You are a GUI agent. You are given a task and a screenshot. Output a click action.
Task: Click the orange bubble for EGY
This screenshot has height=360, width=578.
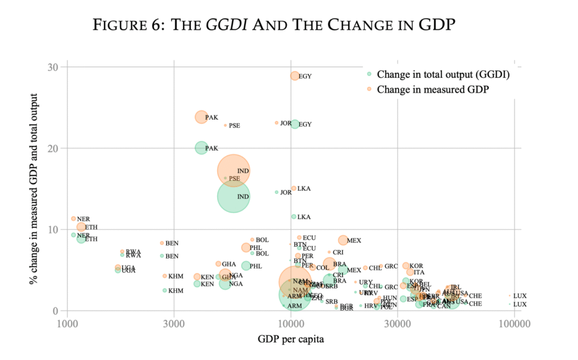point(295,76)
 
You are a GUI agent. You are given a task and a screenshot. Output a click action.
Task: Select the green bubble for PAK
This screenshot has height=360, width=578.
point(202,148)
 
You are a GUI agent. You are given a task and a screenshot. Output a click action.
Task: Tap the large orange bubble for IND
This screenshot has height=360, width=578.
point(233,170)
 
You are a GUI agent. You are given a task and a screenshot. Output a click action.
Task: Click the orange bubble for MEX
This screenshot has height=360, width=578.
point(343,240)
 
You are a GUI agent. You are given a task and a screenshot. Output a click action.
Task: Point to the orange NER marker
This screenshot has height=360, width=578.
point(73,218)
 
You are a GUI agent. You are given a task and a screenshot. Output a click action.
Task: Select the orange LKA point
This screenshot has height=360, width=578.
point(294,188)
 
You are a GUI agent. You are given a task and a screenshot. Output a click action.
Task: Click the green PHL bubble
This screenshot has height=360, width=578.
point(246,266)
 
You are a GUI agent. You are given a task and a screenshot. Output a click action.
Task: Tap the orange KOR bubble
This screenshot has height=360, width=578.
point(406,265)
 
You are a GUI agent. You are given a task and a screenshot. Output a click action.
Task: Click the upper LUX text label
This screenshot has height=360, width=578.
point(520,296)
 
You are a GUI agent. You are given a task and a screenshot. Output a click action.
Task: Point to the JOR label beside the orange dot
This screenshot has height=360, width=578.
point(286,123)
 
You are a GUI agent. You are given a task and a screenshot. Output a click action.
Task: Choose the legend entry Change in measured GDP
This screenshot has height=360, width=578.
point(432,89)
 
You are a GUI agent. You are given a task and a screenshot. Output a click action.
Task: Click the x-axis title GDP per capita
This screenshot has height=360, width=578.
point(291,339)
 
